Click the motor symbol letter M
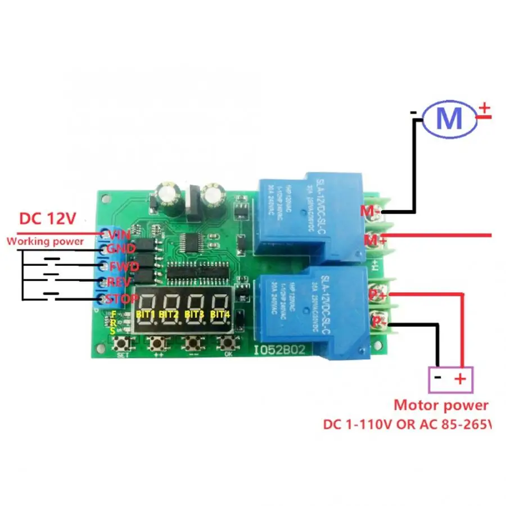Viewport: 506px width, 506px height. pyautogui.click(x=449, y=119)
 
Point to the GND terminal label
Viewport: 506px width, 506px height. pyautogui.click(x=121, y=250)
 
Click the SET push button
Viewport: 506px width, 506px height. pyautogui.click(x=121, y=342)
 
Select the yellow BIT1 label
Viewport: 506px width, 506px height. pyautogui.click(x=145, y=314)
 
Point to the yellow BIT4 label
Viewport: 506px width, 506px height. pyautogui.click(x=220, y=314)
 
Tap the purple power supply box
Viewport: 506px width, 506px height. pyautogui.click(x=451, y=379)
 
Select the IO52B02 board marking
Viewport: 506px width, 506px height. pyautogui.click(x=279, y=349)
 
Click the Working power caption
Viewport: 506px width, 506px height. pyautogui.click(x=45, y=242)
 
